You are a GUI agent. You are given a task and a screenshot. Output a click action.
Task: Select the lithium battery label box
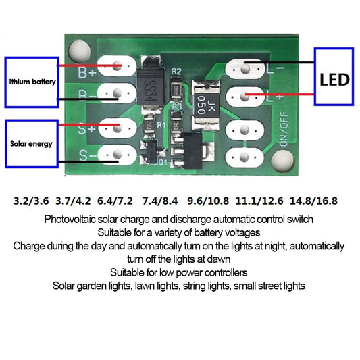[x=32, y=81]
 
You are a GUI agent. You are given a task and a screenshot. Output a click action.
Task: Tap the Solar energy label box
[x=32, y=143]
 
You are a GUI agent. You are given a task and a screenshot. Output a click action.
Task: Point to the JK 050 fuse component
[x=204, y=101]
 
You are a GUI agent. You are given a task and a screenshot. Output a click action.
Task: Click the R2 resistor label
[x=176, y=71]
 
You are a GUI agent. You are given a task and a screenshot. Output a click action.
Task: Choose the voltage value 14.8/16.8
[x=313, y=201]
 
